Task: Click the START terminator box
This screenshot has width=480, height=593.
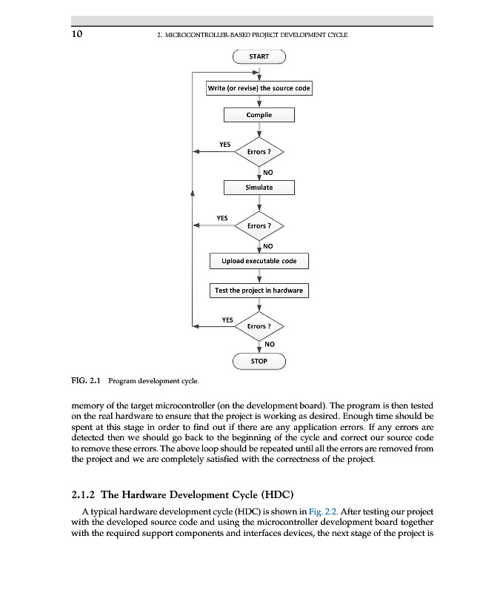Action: (259, 56)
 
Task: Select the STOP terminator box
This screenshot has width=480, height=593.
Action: (259, 361)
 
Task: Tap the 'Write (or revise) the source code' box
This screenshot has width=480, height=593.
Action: (259, 88)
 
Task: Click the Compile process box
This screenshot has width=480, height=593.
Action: (259, 115)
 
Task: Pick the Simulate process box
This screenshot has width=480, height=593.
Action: (259, 188)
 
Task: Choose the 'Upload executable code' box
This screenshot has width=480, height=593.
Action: (259, 261)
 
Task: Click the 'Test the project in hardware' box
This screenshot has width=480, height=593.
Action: (259, 291)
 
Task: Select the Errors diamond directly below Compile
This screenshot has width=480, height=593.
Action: (259, 152)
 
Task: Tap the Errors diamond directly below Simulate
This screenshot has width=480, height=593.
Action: (259, 225)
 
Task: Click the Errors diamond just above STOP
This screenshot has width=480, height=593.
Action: (259, 326)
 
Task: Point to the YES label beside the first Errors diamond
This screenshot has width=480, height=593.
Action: (225, 145)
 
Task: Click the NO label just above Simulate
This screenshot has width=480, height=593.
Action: (268, 172)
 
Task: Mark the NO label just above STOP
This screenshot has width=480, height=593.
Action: (269, 344)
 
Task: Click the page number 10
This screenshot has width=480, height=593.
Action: (77, 34)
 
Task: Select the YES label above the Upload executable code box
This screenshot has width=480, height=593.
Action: (221, 218)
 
